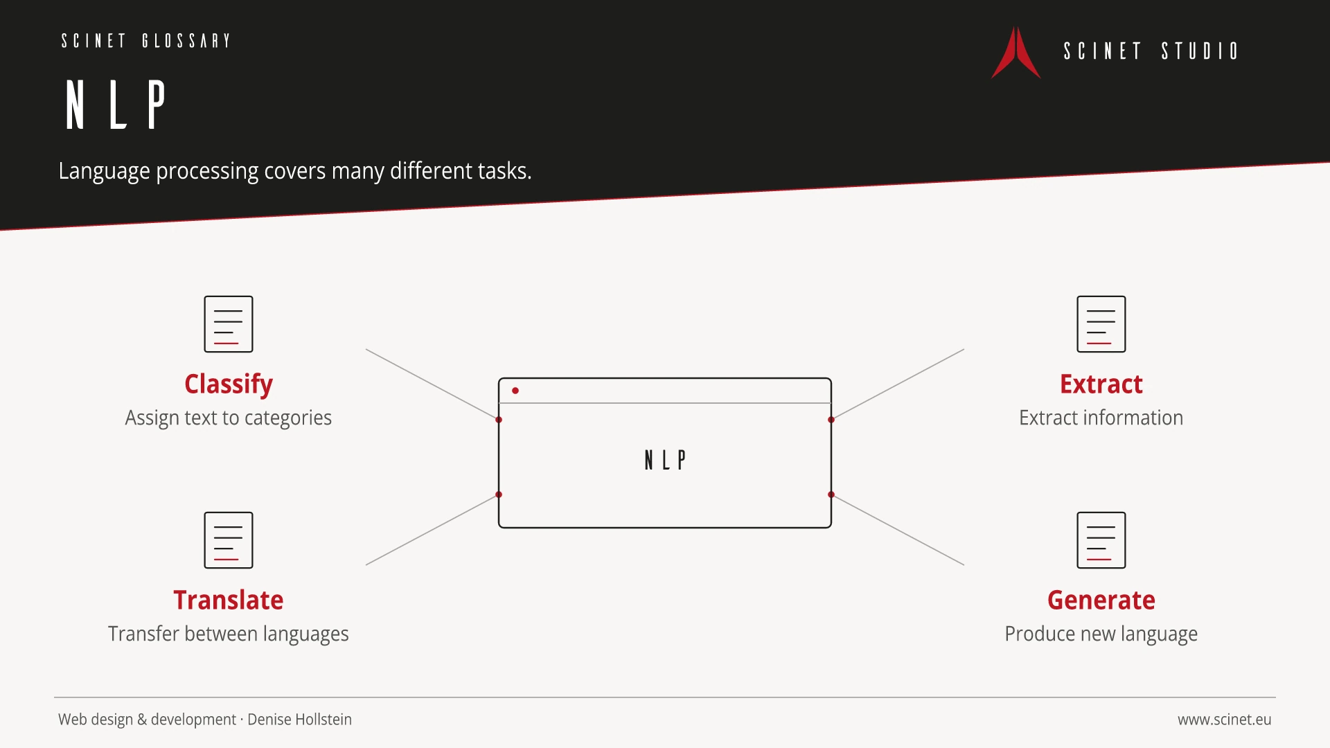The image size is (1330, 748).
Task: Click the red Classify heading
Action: coord(229,384)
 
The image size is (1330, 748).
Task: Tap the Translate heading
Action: coord(229,600)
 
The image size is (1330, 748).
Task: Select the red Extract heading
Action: coord(1101,384)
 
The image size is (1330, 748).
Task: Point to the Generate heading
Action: coord(1101,600)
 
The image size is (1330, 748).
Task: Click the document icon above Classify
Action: coord(229,324)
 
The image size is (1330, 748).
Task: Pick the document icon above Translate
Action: coord(229,540)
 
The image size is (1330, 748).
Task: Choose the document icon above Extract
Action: coord(1101,324)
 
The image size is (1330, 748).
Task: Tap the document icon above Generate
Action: coord(1101,540)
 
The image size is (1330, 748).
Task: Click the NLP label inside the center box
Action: coord(665,460)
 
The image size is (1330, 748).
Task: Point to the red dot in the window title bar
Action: coord(515,391)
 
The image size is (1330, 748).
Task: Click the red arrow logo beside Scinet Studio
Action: coord(1016,53)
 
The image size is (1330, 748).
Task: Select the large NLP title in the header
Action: coord(116,104)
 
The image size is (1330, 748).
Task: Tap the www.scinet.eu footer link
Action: coord(1224,720)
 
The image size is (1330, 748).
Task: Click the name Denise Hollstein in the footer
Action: coord(299,720)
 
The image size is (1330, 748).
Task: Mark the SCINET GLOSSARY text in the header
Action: coord(145,41)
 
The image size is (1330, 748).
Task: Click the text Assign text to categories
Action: coord(229,418)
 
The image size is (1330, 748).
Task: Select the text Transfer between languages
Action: coord(229,634)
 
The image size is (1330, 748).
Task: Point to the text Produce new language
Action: coord(1101,634)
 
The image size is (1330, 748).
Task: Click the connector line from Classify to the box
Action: coord(432,384)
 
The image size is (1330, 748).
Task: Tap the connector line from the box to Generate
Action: coord(898,530)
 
